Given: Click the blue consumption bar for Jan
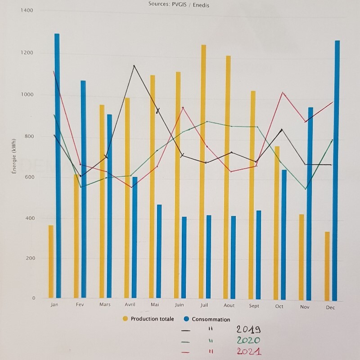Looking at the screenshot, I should (57, 166).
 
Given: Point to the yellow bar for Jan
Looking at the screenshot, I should (51, 261).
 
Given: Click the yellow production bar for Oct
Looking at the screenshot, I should (277, 222).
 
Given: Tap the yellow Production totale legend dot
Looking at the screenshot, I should (125, 319).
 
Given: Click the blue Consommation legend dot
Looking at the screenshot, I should (186, 319).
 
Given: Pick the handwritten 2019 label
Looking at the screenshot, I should (249, 330).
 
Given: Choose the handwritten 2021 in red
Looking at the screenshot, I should (249, 351).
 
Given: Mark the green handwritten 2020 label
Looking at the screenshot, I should (249, 341).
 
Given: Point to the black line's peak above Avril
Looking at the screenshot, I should (134, 66).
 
